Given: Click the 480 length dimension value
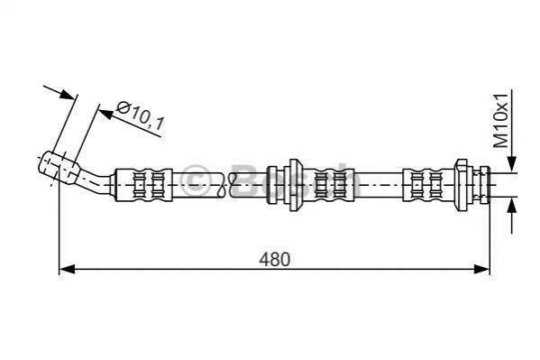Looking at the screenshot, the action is click(x=274, y=259).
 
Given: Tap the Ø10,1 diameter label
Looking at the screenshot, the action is click(x=140, y=116).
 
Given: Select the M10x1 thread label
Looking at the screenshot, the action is click(x=500, y=120).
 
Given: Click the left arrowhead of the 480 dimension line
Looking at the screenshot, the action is click(x=67, y=269).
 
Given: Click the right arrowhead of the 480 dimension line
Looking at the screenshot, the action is click(x=481, y=269).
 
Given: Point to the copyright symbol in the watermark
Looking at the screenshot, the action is click(x=195, y=180).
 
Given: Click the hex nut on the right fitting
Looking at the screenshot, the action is click(x=462, y=185).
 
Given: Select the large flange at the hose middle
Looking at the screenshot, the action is click(x=294, y=185).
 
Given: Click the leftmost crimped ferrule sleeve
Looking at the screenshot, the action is click(x=143, y=185).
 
